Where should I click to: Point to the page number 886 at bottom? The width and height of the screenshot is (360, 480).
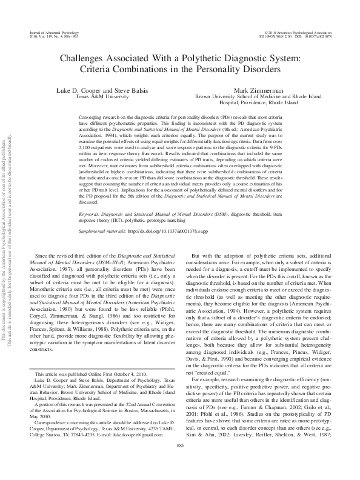(179, 462)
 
